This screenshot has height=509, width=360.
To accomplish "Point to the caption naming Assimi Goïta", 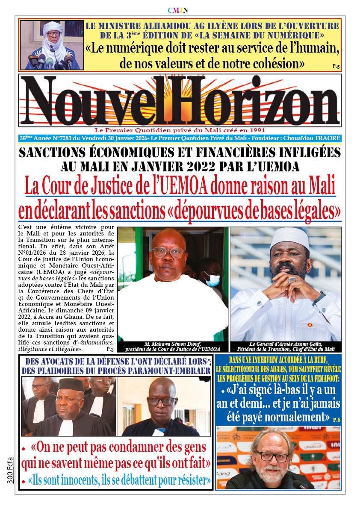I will click(286, 346).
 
